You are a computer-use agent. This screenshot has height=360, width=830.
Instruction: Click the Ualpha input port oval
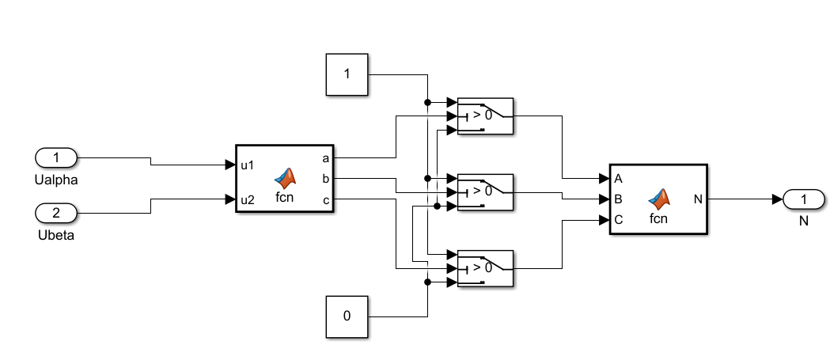pos(56,157)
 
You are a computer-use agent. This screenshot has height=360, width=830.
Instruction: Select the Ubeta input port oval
pos(56,213)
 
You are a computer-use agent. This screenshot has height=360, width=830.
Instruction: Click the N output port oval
pos(803,199)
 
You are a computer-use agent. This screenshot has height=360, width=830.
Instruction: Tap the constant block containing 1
pos(347,75)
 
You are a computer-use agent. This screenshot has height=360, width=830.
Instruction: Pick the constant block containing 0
pos(347,316)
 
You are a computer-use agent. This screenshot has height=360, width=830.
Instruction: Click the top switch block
pos(485,116)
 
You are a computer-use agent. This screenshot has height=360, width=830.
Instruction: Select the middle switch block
pos(485,192)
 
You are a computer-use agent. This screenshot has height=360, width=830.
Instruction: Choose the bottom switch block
pos(485,268)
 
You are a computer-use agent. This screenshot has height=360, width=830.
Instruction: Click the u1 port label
pos(248,165)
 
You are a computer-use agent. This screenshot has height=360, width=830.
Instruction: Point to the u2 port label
pos(248,199)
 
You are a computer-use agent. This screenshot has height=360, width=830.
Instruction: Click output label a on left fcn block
pos(326,158)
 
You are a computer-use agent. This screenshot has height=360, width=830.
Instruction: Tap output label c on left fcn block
pos(326,199)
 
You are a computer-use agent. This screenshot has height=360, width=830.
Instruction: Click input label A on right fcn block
pos(618,178)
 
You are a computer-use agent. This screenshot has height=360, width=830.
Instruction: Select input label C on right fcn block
pos(618,220)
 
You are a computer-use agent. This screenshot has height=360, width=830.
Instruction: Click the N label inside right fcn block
pos(698,199)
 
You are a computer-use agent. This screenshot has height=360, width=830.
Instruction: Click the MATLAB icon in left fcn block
pos(285,177)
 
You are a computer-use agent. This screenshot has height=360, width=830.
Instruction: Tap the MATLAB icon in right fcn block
pos(658,197)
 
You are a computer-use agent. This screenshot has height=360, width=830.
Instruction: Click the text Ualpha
pos(56,180)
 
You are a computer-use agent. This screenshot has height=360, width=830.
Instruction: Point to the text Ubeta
pos(56,235)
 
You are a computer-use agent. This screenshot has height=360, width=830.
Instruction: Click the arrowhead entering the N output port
pos(778,199)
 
